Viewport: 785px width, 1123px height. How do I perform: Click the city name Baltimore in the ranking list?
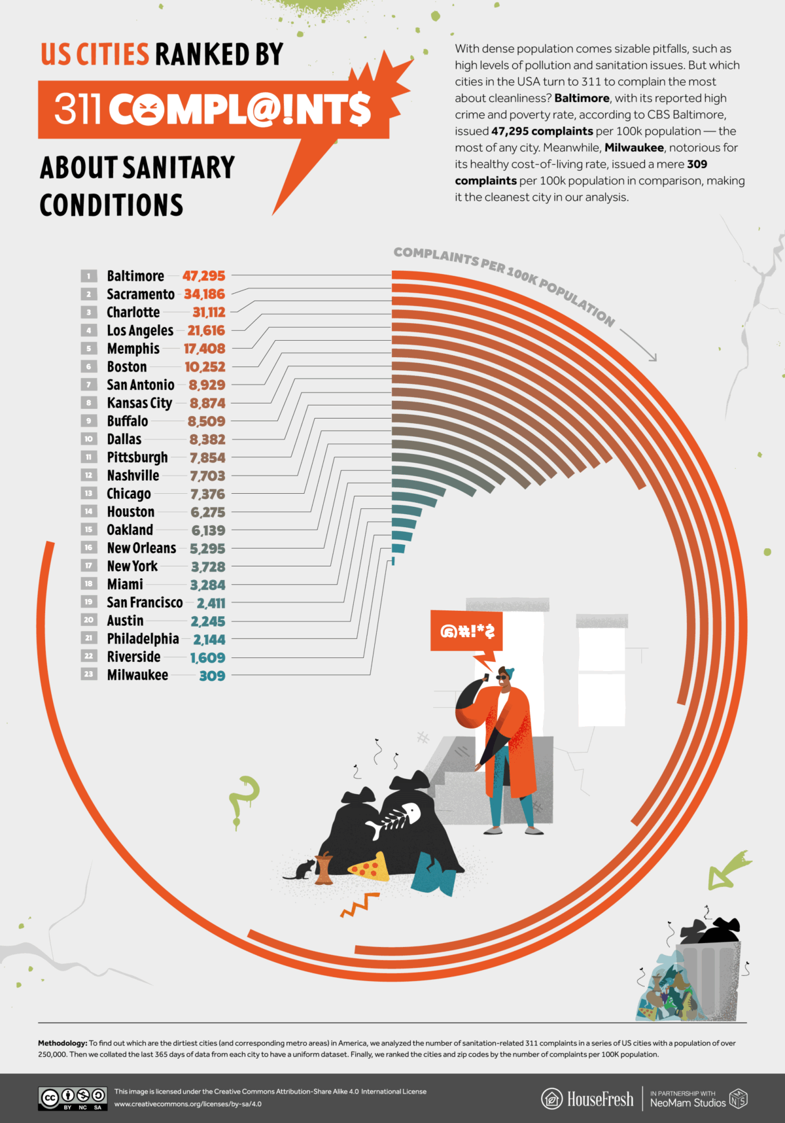point(135,276)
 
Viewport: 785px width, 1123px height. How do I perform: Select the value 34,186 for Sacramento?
point(204,294)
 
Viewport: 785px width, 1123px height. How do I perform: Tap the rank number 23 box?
point(89,674)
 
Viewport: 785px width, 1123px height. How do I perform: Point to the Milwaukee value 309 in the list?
point(212,676)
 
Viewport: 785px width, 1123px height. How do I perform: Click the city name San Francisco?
point(145,602)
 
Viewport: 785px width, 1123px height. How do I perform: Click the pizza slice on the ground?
point(368,867)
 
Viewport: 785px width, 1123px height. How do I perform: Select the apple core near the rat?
point(324,869)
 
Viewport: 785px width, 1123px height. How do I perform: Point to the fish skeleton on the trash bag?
point(394,820)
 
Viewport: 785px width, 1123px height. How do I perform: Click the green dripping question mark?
point(245,800)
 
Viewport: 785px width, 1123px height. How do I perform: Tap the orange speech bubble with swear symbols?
point(466,631)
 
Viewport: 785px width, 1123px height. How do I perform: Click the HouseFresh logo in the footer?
point(587,1099)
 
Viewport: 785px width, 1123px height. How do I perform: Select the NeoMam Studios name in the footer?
point(688,1103)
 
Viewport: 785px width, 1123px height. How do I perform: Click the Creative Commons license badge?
point(72,1098)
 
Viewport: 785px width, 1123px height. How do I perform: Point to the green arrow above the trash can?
point(728,870)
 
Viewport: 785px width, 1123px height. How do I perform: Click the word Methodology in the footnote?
point(62,1043)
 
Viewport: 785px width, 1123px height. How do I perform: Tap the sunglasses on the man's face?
point(502,677)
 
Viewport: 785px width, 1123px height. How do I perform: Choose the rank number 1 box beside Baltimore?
point(89,276)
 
